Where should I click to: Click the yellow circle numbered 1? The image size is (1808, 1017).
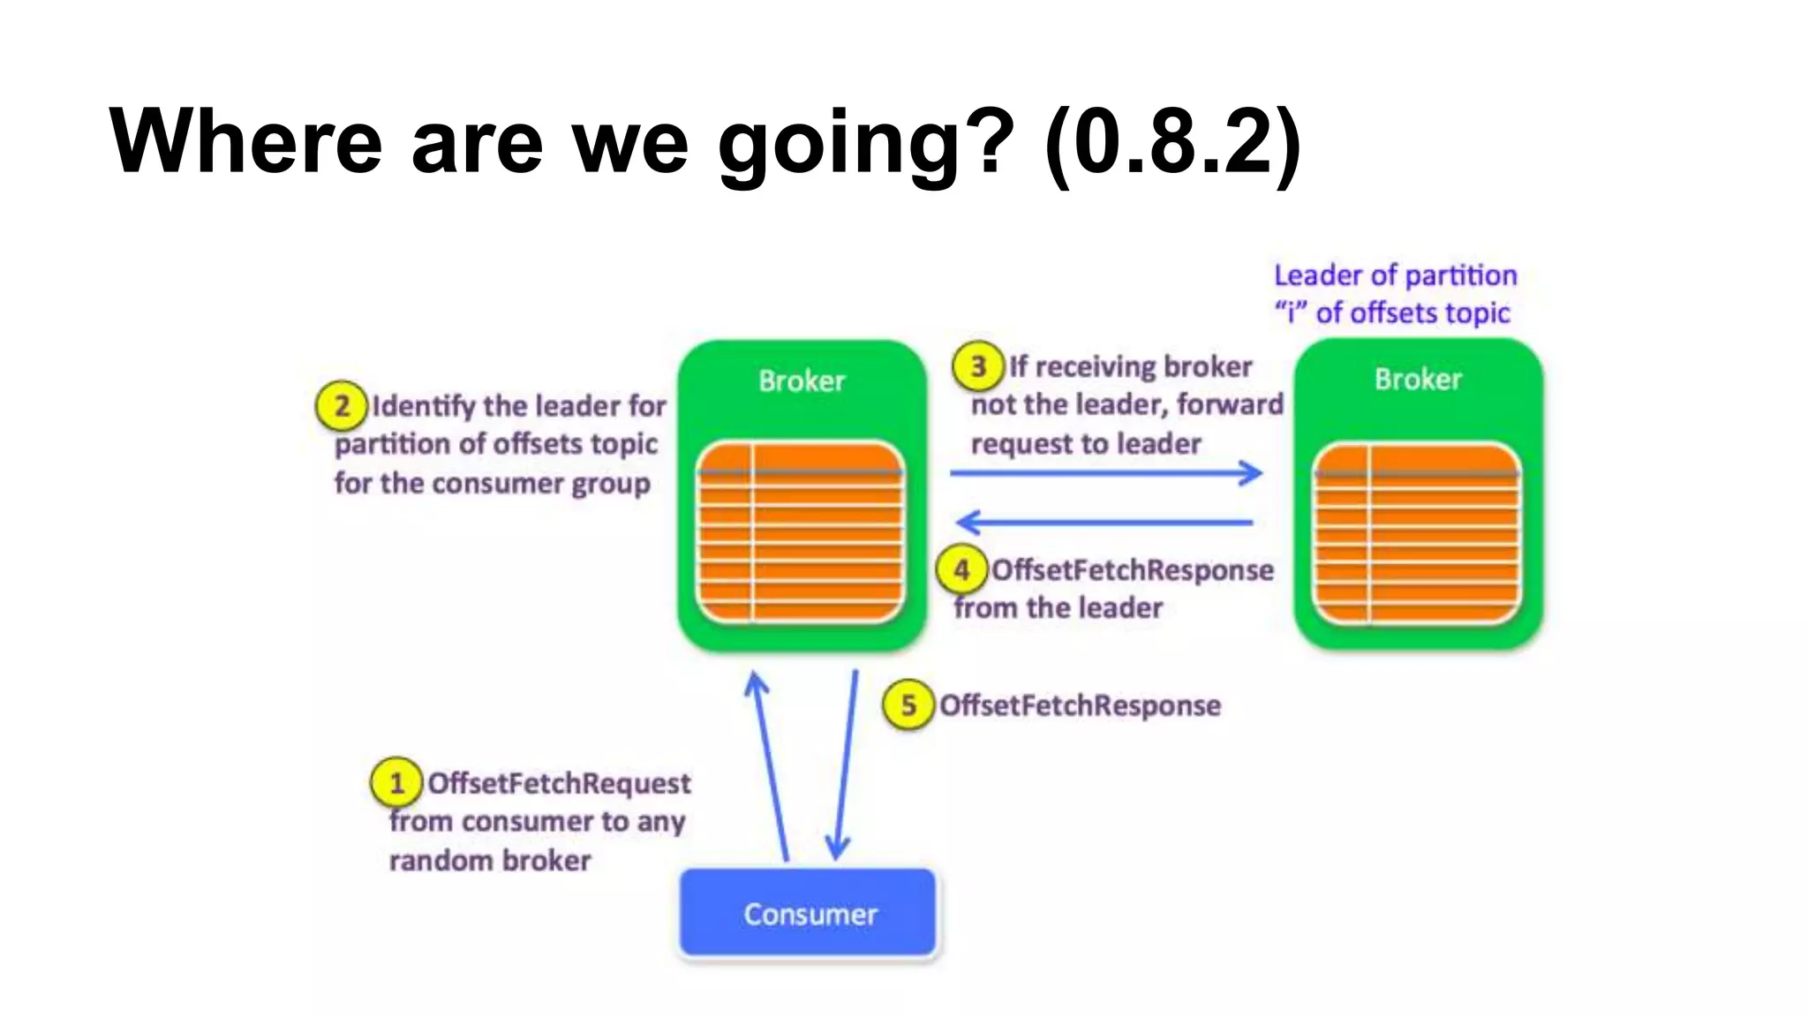(x=396, y=782)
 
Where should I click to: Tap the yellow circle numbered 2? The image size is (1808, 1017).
(x=342, y=406)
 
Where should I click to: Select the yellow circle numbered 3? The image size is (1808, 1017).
(x=978, y=365)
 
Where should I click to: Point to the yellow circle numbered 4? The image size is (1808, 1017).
(x=961, y=569)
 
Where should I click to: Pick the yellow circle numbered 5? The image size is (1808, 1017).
(x=908, y=704)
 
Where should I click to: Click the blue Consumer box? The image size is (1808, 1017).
(x=808, y=913)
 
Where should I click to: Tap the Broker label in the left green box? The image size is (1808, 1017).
(x=802, y=380)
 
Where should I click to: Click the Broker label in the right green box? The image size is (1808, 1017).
(x=1418, y=379)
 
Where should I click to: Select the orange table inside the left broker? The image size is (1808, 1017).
(x=801, y=532)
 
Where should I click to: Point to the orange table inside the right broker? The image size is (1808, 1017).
(x=1417, y=533)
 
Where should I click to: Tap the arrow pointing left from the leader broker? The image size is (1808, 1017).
(x=1104, y=522)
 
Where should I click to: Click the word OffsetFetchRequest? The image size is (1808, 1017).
(x=559, y=783)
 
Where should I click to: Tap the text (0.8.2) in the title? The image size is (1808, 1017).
(x=1172, y=141)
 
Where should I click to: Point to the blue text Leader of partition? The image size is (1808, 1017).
(x=1395, y=275)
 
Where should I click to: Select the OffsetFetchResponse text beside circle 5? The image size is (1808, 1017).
(x=1080, y=705)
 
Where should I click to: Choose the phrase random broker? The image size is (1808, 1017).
(x=490, y=860)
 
